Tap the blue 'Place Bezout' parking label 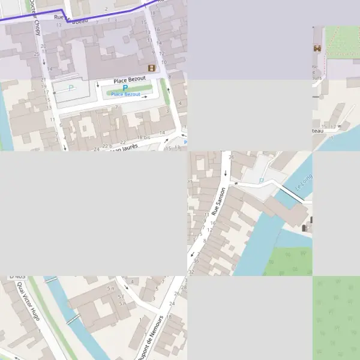coord(125,95)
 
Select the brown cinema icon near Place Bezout coord(151,68)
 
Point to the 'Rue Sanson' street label coord(218,201)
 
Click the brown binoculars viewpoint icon coord(317,48)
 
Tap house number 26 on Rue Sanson coord(232,157)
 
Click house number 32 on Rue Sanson coord(191,272)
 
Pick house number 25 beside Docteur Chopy coord(37,55)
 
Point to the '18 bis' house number coord(143,137)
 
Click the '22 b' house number coord(107,146)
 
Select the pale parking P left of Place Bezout coord(71,88)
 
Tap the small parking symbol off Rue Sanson coord(261,180)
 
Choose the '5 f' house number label coord(122,296)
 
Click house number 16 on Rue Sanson coord(213,223)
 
